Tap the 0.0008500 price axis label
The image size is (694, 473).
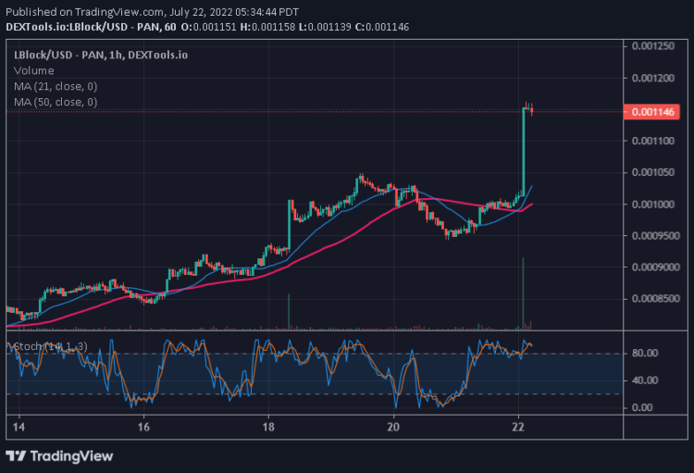pyautogui.click(x=653, y=299)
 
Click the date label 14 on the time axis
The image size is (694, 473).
pyautogui.click(x=19, y=429)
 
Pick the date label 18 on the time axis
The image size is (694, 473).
pyautogui.click(x=268, y=429)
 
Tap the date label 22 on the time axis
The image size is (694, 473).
pyautogui.click(x=519, y=429)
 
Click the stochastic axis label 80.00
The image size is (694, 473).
pyautogui.click(x=644, y=354)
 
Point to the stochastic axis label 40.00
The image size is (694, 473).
pyautogui.click(x=644, y=380)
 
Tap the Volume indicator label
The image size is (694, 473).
pyautogui.click(x=33, y=70)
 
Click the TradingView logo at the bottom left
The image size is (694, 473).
pyautogui.click(x=60, y=455)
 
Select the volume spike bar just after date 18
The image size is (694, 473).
pyautogui.click(x=289, y=311)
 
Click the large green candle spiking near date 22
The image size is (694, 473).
pyautogui.click(x=523, y=148)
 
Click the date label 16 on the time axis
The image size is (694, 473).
pyautogui.click(x=143, y=429)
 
